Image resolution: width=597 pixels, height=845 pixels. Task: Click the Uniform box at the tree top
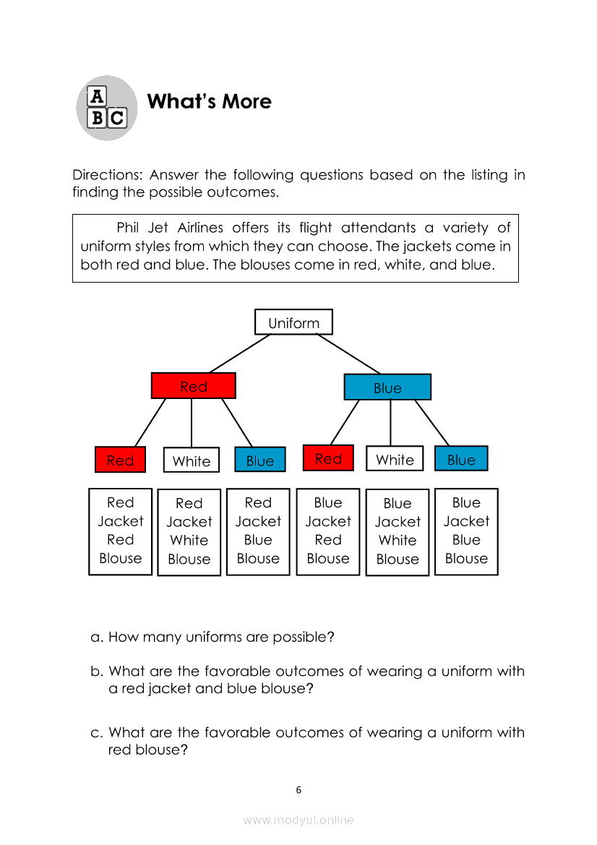[293, 322]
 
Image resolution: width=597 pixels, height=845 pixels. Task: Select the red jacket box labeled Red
[193, 386]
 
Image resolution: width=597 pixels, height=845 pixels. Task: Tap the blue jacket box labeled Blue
[387, 387]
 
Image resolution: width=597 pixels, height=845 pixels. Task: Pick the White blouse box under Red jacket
[192, 460]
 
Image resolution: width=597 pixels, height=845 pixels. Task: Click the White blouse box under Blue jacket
[395, 459]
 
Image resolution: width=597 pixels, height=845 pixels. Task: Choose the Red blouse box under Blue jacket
[328, 458]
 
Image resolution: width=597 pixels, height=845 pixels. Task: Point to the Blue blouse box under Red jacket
[260, 460]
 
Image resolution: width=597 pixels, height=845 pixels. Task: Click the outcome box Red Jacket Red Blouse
[120, 531]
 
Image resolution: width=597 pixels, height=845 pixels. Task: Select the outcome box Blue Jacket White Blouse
[398, 531]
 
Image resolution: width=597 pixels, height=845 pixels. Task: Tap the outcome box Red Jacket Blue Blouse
[258, 531]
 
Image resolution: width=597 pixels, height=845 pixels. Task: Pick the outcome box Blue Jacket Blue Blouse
[466, 531]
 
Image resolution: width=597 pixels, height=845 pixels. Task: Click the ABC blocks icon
[106, 108]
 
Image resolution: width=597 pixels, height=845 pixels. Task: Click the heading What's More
[209, 102]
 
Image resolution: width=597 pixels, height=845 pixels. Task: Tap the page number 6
[298, 790]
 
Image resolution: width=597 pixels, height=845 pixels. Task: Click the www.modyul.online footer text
[298, 820]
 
